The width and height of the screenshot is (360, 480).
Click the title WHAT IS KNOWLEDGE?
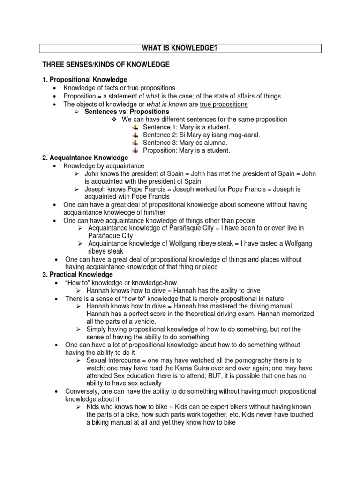[180, 48]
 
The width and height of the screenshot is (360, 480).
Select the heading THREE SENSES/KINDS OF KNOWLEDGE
[106, 64]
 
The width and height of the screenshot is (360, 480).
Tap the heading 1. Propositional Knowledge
[85, 80]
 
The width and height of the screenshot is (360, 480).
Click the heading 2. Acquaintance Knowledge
[85, 158]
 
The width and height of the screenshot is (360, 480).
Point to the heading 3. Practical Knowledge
[78, 274]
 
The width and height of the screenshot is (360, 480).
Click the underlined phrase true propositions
[224, 104]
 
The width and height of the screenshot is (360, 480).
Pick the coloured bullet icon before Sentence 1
[135, 127]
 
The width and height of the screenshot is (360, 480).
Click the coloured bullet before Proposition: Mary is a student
[135, 150]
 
